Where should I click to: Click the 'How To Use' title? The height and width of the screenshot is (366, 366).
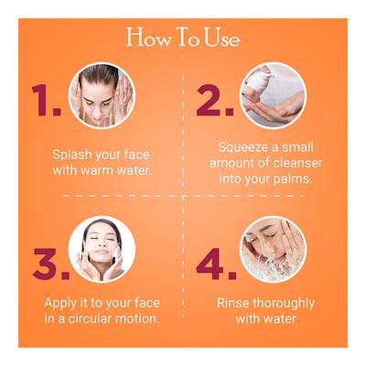click(x=183, y=38)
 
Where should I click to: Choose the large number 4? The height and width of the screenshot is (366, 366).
click(x=215, y=263)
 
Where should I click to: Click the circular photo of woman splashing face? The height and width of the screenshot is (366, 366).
click(x=102, y=95)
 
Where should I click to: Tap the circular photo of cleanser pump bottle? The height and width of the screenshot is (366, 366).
click(x=273, y=95)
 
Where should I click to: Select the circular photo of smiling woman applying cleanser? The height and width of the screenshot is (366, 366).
click(x=102, y=249)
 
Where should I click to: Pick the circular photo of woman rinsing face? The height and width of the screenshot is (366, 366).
click(x=273, y=249)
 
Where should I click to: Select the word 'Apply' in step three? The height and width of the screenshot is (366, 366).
click(x=61, y=302)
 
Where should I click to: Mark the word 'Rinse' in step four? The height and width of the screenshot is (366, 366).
click(x=234, y=302)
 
